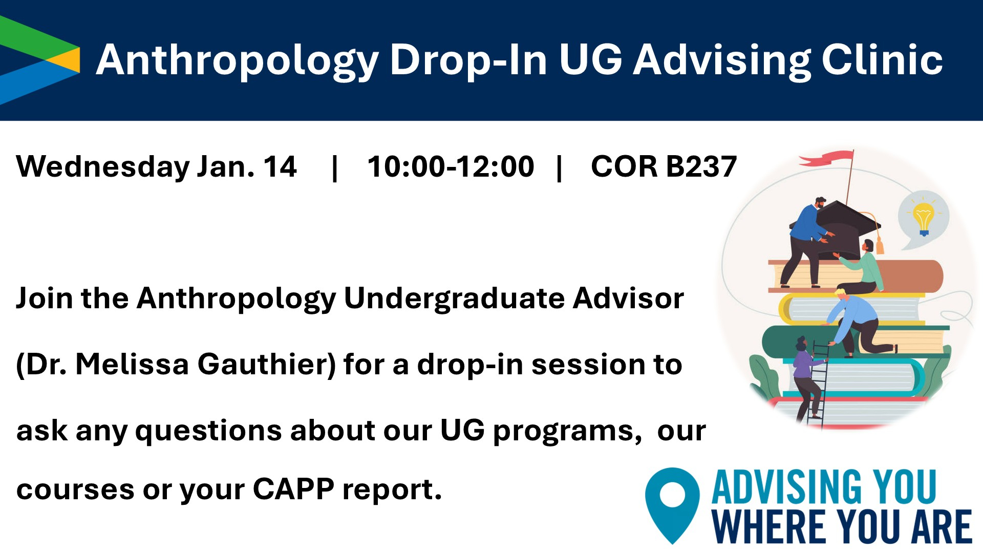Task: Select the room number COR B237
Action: [664, 166]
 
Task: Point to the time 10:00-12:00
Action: [451, 166]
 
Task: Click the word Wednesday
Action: [103, 167]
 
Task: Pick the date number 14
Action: [280, 166]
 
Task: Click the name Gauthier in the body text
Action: [266, 365]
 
